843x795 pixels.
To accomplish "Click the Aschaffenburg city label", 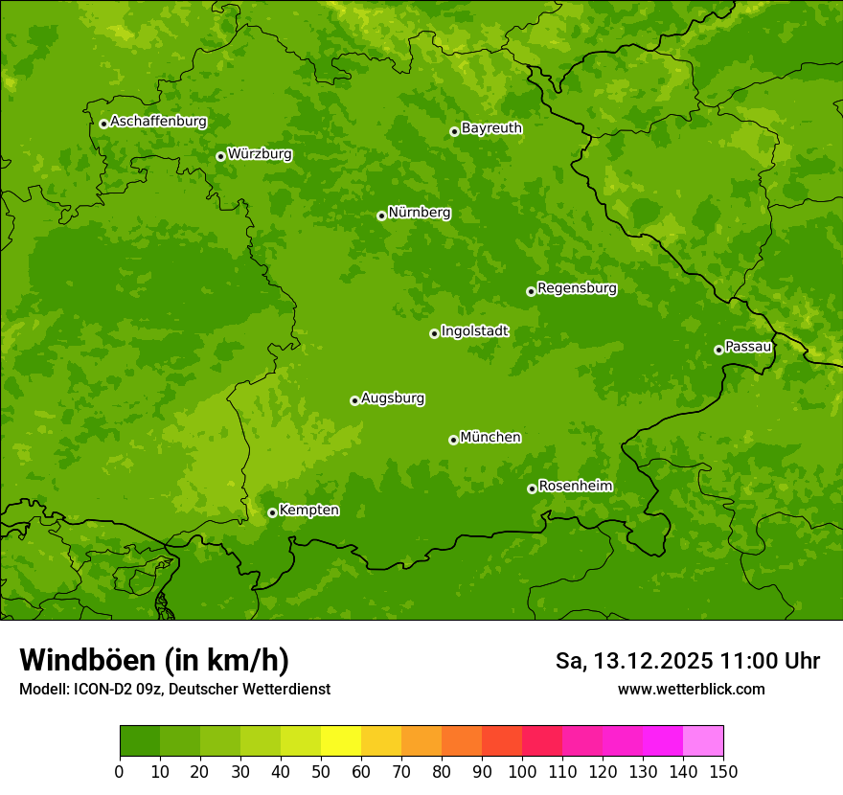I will [158, 122].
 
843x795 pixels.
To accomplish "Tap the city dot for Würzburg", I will [220, 156].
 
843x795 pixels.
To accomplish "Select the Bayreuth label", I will [491, 127].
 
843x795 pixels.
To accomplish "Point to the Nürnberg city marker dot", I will [381, 216].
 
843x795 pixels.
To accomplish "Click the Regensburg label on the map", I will [577, 287].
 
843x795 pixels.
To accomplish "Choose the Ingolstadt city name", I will [474, 330].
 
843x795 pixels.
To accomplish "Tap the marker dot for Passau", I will [718, 350].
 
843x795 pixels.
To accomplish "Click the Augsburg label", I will [393, 397].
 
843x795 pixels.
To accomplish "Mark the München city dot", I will [453, 440].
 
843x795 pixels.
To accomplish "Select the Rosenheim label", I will [575, 486].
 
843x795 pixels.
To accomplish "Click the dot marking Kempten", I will [272, 512].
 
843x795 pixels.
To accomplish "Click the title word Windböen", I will [87, 660].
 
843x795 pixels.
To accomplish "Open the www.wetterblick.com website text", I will [691, 689].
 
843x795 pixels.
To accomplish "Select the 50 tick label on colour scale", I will [321, 772].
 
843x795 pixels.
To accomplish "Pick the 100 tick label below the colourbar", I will [522, 772].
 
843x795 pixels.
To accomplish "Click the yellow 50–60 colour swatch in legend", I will [341, 740].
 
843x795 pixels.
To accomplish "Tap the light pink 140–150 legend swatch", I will [703, 740].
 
